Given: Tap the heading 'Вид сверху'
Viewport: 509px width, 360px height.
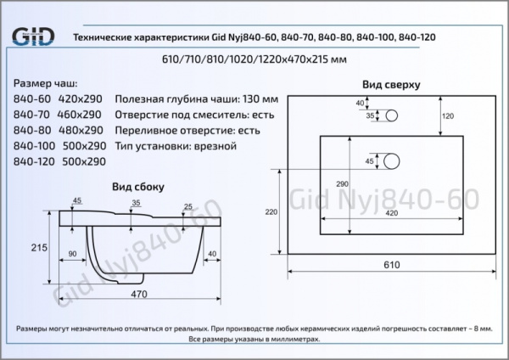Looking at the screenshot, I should coord(391,85).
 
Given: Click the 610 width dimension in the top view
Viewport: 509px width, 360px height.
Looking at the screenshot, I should coord(390,265).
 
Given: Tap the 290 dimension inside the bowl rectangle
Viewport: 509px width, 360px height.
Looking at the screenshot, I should coord(342,184).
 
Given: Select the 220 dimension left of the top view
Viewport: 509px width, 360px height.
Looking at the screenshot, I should coord(271,211).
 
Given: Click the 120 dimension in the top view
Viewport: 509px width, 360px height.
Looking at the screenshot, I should coord(449,115).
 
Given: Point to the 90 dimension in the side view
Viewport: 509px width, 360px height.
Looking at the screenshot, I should coord(73,254).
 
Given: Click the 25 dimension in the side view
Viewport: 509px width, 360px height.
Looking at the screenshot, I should coord(187,206).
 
